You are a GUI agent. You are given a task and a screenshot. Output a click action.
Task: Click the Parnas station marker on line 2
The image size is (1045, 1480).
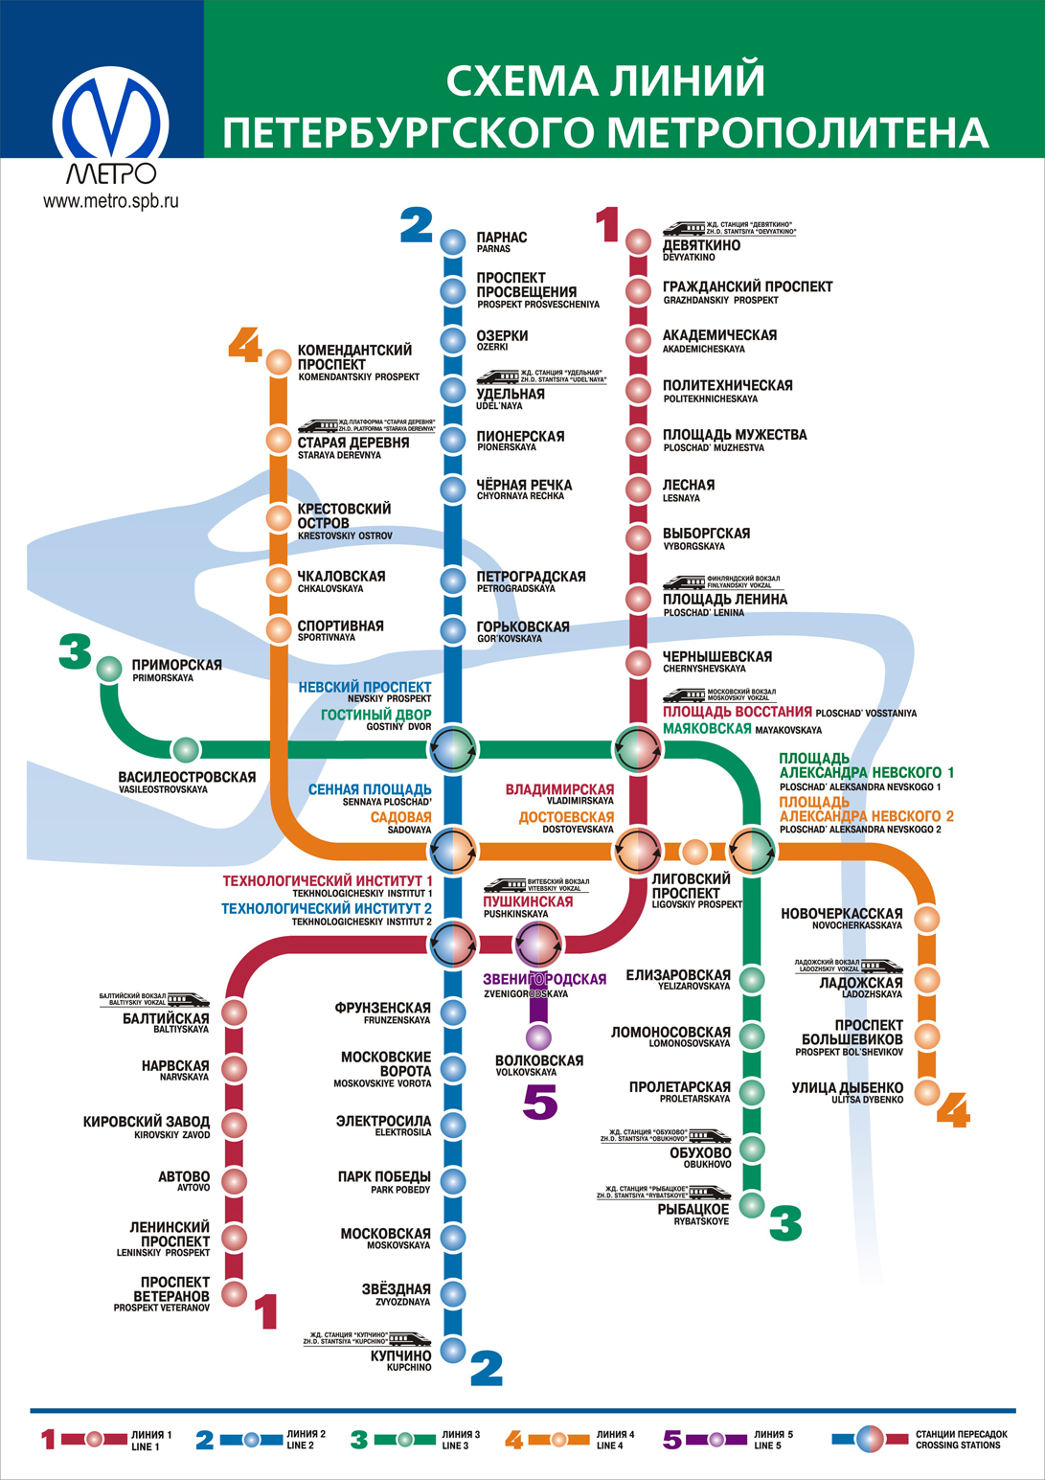point(452,241)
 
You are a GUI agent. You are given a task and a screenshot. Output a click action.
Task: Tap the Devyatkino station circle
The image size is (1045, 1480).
point(638,241)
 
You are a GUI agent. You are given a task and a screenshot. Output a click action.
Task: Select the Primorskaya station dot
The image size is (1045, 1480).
point(109,668)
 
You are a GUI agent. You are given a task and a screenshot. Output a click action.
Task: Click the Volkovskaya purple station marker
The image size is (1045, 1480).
point(538,1036)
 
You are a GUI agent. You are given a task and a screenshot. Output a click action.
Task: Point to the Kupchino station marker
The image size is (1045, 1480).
point(452,1350)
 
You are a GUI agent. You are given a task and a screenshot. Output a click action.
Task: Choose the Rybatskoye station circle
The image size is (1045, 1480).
point(752,1204)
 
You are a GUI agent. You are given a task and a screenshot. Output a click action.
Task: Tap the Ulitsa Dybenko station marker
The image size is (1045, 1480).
point(926,1092)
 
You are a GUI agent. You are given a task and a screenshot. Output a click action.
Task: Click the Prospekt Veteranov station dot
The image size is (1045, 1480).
point(235,1293)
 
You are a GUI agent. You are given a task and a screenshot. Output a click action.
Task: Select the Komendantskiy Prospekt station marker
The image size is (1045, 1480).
point(278,362)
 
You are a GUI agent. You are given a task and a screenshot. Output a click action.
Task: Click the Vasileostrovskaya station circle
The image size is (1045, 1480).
point(185,749)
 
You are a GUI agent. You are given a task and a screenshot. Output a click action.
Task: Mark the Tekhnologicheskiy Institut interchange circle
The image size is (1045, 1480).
point(452,944)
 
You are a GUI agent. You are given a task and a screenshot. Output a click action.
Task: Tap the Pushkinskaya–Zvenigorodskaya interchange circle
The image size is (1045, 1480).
point(538,944)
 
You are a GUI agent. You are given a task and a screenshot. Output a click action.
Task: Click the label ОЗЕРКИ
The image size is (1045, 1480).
point(503,336)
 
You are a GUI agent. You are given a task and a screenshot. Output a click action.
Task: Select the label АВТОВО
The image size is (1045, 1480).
point(184,1177)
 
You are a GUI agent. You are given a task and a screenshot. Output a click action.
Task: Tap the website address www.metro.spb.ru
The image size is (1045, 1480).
point(111,201)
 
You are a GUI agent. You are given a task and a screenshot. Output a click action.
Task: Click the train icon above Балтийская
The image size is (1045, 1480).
point(188,999)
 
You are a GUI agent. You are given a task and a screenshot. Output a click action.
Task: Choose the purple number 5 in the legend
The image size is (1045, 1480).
point(672,1439)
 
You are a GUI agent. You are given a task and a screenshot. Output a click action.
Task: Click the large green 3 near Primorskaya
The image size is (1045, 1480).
point(75,651)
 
